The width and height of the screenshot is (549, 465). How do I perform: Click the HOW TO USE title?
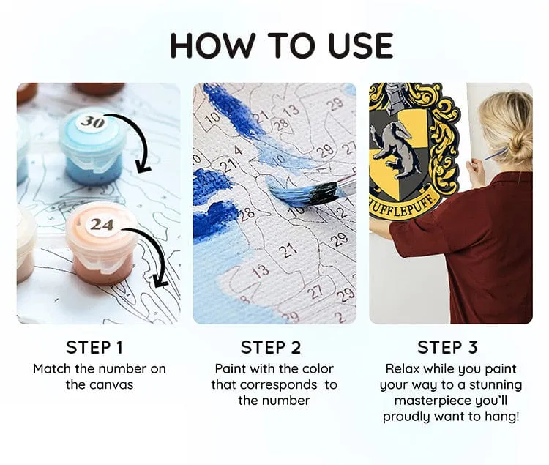[x=282, y=45]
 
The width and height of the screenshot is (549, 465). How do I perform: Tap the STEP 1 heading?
[x=94, y=347]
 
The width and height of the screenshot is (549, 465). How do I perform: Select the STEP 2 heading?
[x=271, y=347]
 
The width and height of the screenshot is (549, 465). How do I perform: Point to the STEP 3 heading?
[x=447, y=347]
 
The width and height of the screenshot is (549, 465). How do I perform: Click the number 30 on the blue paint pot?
[x=92, y=122]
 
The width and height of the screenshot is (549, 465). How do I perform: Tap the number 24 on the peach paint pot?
[x=102, y=224]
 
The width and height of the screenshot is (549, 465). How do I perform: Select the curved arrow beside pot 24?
[x=154, y=253]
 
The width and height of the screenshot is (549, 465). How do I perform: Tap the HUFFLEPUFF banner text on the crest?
[x=403, y=208]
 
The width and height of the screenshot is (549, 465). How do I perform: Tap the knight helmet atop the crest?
[x=395, y=97]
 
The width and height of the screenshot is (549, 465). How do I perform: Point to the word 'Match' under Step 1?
[x=51, y=369]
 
